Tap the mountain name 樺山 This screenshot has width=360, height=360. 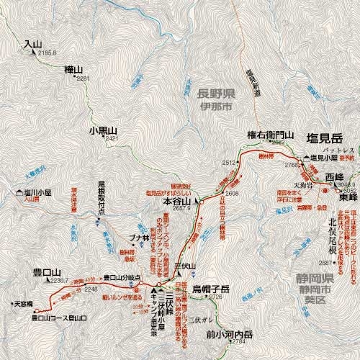[73, 68]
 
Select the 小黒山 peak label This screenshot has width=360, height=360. [103, 130]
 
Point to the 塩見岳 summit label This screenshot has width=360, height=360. [323, 138]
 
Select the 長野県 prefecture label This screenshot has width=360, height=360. [215, 94]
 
